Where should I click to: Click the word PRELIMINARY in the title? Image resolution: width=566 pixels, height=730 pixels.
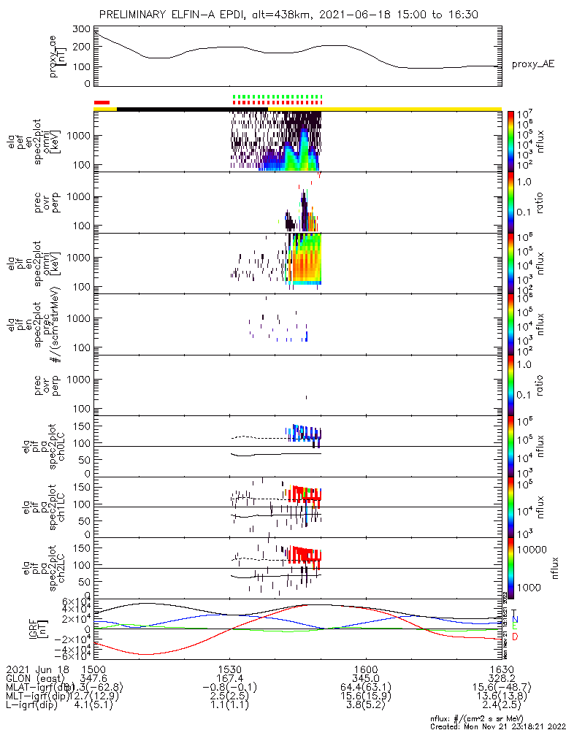tap(134, 14)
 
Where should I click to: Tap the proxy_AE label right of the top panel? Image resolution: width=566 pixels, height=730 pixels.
tap(533, 64)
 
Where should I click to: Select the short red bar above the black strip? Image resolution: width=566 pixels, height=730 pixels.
tap(102, 102)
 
